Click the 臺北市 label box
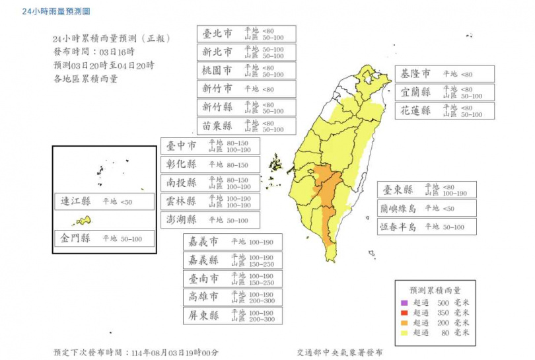point(217,34)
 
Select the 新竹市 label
point(217,89)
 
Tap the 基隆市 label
point(417,74)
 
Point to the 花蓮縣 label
point(417,111)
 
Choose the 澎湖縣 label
point(182,220)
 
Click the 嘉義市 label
point(203,242)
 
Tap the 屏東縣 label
point(203,316)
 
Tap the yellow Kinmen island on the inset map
point(83,221)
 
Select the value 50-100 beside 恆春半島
point(450,227)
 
